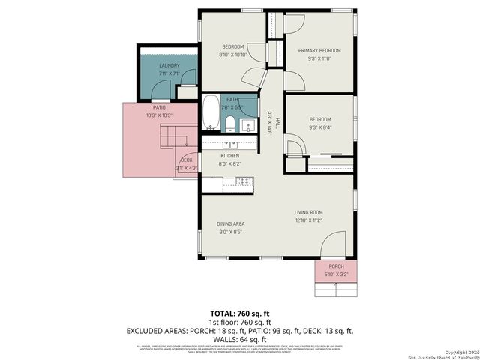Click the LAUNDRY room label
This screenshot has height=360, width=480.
point(169,65)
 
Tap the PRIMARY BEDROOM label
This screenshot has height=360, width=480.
point(319,50)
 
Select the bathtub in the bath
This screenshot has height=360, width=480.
point(210,114)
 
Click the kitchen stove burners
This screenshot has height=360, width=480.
point(244,181)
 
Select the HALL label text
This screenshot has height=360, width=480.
point(277,122)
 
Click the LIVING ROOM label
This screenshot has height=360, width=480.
point(307,212)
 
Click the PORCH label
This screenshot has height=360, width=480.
point(336,266)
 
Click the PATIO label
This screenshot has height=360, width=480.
point(159,107)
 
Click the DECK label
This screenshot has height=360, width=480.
point(186,160)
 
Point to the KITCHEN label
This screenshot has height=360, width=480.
point(229,156)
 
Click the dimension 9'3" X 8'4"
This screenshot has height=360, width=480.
point(319,127)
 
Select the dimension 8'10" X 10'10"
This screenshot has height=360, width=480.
point(232,55)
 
